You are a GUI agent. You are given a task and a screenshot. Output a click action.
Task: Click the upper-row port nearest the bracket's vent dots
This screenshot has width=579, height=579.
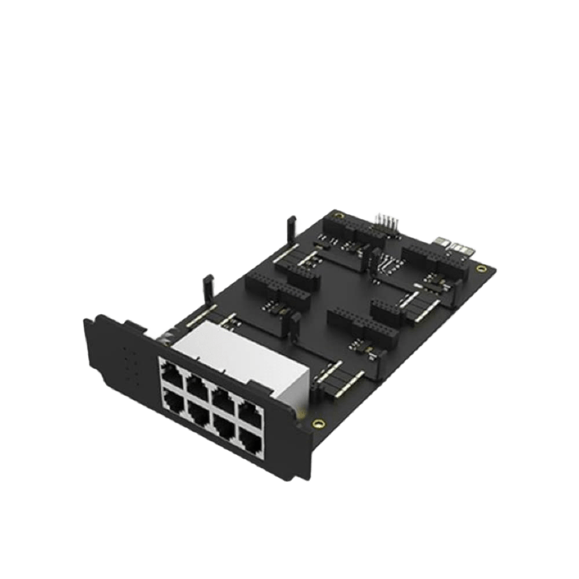[169, 371]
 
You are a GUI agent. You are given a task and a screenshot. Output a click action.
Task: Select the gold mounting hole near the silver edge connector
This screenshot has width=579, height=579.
[480, 267]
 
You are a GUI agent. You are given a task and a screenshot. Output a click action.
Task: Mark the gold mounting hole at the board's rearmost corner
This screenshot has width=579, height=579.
[338, 215]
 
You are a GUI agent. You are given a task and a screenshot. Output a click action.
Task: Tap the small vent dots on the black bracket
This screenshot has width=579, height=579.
[129, 365]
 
